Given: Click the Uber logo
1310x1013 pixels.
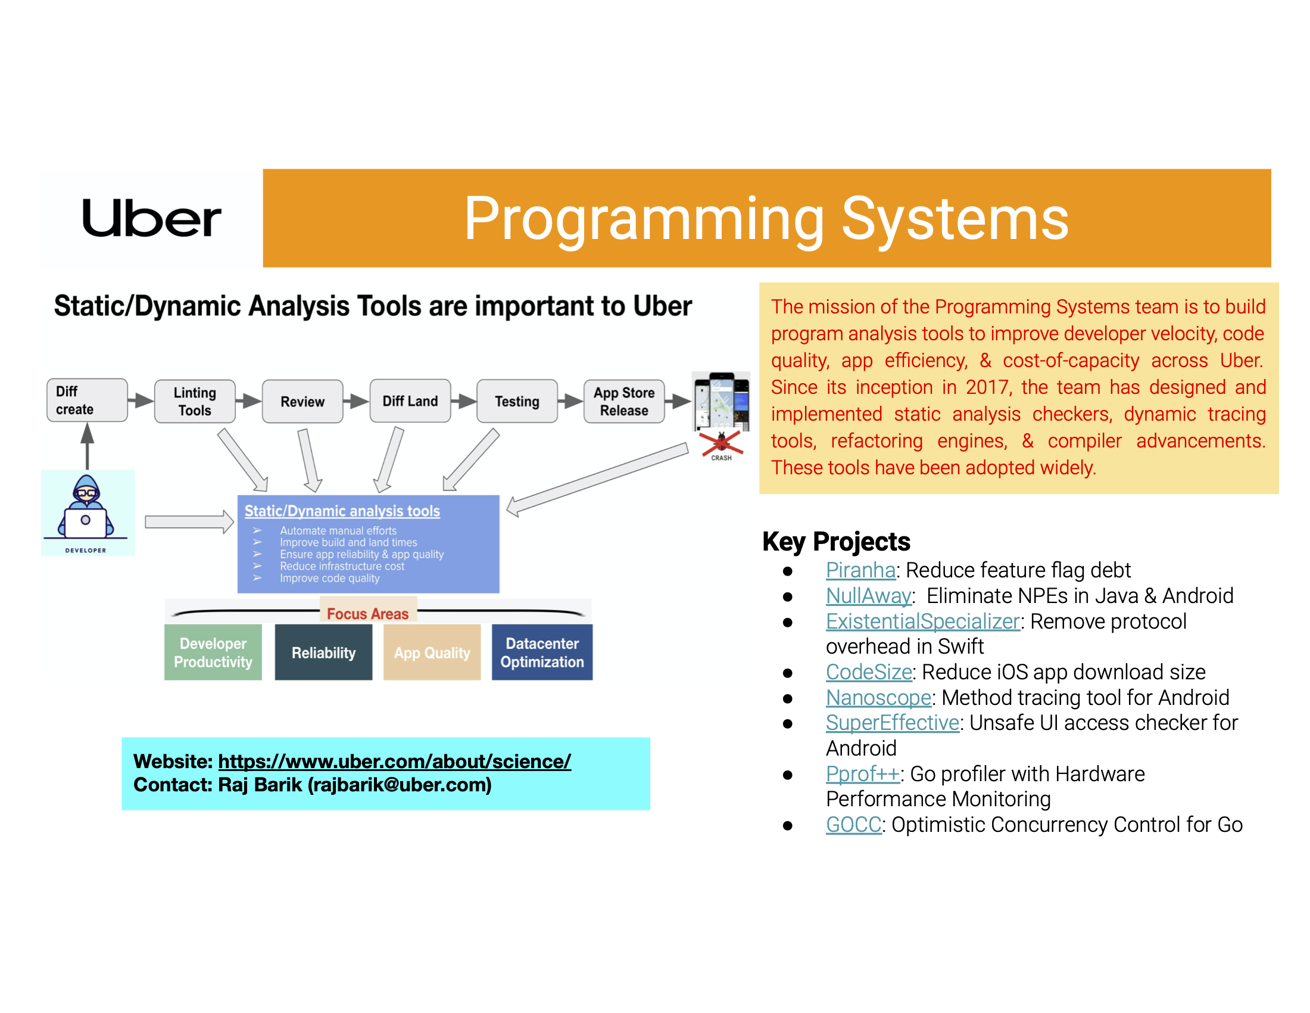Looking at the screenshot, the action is pos(152,218).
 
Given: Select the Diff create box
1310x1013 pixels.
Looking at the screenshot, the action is pos(87,400).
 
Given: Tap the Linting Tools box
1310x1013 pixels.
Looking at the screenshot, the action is pos(195,402).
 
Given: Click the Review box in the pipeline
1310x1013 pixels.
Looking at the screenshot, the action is pos(302,402).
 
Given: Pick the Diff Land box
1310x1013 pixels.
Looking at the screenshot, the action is pos(410,401).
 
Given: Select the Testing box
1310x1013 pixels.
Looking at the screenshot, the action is pos(517,401).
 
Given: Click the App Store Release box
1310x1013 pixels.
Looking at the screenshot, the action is pos(625,402).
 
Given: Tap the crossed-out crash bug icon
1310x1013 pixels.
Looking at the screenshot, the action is pos(722,445).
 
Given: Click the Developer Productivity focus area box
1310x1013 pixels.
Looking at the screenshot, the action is pos(213,652).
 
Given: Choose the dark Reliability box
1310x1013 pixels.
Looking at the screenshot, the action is pos(324,652).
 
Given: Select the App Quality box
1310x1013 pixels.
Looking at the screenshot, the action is pos(432,652).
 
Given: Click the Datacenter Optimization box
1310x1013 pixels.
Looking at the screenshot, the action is pos(542,652).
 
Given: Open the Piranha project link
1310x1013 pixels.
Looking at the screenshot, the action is pos(861,570).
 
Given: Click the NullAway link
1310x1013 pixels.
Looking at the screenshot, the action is pos(869,596).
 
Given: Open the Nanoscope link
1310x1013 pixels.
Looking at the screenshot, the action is pos(879,698).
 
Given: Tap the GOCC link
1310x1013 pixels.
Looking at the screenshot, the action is pos(853,825).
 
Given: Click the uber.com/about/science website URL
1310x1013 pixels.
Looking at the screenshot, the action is pos(395,762).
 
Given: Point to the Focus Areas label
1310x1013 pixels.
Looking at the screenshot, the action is pos(367,614).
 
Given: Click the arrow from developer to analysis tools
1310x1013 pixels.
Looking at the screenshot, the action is pos(189,521).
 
